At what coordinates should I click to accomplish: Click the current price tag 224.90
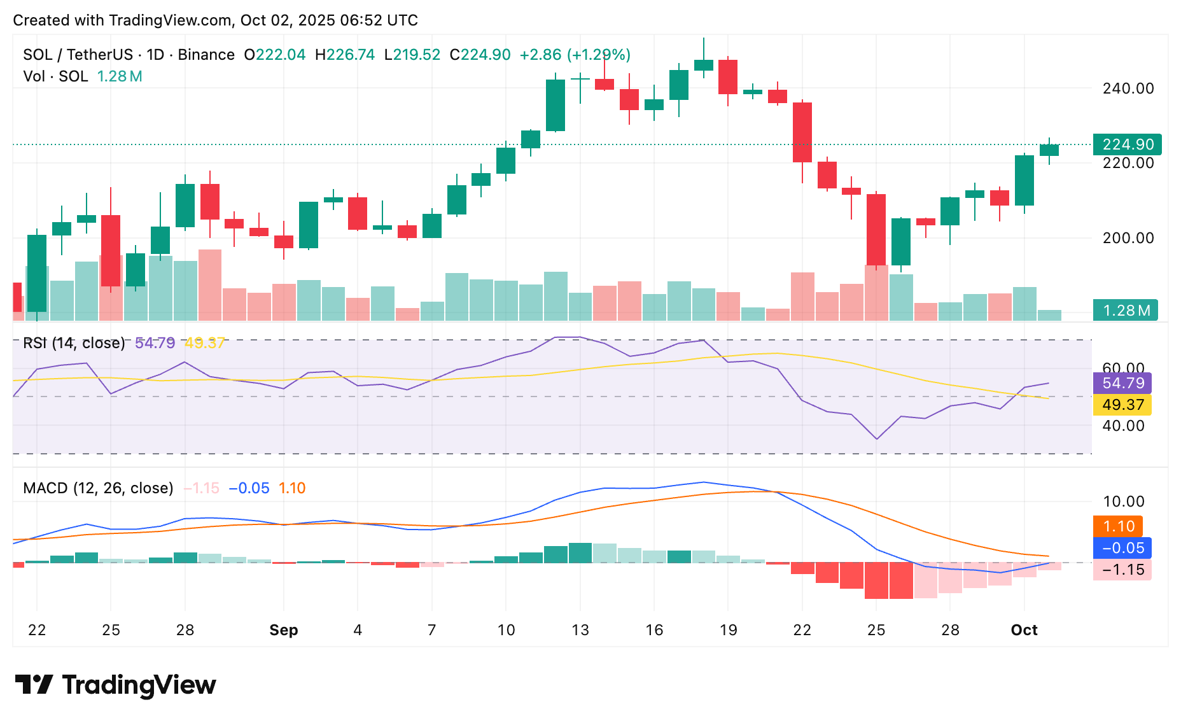click(1127, 144)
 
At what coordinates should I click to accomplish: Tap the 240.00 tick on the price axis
click(1128, 88)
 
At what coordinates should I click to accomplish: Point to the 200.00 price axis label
click(1128, 238)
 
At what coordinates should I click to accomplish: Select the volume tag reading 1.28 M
click(1126, 311)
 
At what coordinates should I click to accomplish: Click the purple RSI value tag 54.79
click(1122, 383)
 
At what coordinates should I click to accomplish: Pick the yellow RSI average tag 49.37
click(1122, 405)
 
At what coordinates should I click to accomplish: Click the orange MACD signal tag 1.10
click(1118, 526)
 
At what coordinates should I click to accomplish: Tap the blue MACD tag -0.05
click(1122, 548)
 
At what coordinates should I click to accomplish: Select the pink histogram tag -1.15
click(1122, 570)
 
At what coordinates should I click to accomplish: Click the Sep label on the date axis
click(283, 630)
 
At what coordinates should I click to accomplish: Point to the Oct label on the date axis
click(1024, 630)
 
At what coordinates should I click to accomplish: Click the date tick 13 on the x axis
click(580, 630)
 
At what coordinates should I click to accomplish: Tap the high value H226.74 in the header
click(345, 55)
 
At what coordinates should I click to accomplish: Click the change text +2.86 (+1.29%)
click(575, 55)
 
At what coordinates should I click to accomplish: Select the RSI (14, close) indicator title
click(74, 343)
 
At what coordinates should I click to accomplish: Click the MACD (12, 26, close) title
click(98, 488)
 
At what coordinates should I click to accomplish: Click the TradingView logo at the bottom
click(115, 685)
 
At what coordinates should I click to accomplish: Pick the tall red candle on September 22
click(802, 132)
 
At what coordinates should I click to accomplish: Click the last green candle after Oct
click(1049, 150)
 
